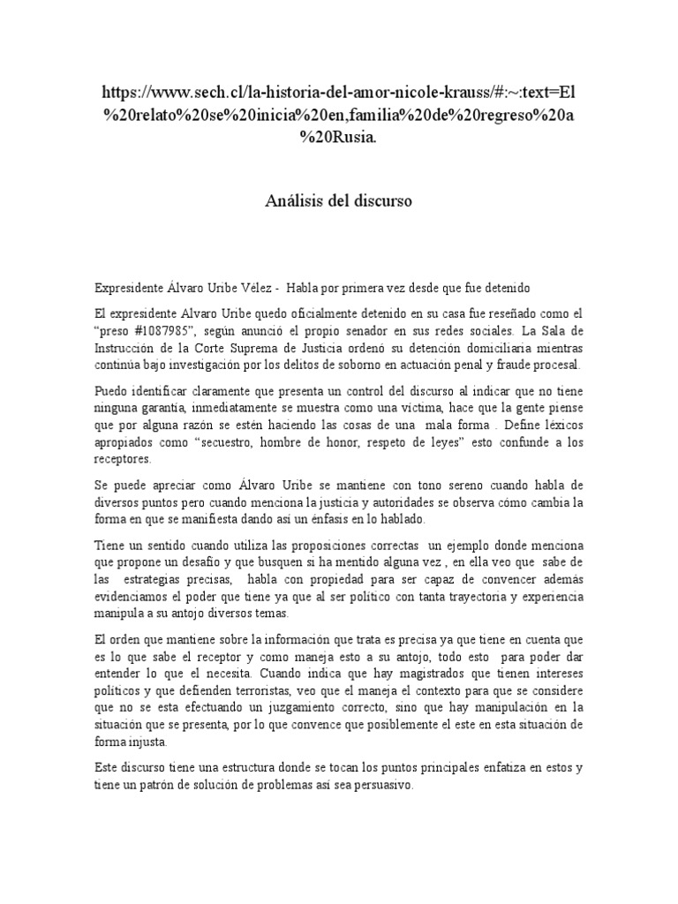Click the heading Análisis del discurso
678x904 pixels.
pos(339,201)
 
